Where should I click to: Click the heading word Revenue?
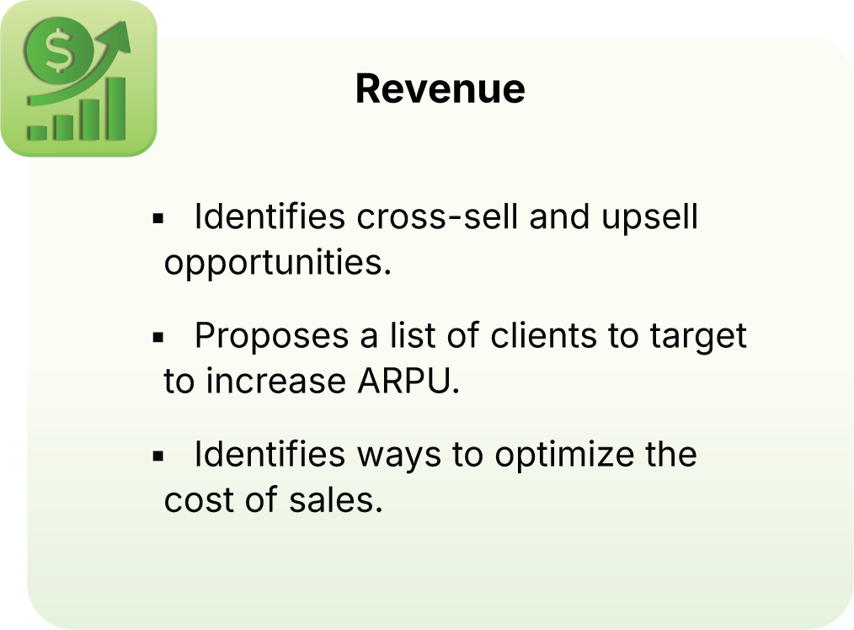(440, 88)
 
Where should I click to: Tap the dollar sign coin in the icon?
(57, 53)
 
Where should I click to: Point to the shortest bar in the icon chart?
(36, 131)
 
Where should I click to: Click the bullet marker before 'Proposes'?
(157, 337)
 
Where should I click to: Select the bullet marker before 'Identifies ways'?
(157, 456)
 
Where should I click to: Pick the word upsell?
(649, 217)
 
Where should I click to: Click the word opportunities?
(278, 264)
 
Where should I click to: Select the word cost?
(199, 500)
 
